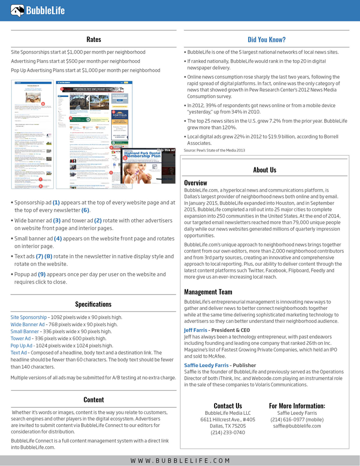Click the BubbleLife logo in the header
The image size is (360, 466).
[x=39, y=10]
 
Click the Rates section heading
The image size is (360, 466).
[x=94, y=40]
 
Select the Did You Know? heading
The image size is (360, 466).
[x=267, y=40]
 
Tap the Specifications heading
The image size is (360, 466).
[x=93, y=304]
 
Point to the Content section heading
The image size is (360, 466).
[x=94, y=399]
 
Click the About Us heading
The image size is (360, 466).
[x=265, y=170]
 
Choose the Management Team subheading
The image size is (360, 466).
[x=208, y=292]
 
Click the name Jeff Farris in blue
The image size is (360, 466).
[x=196, y=330]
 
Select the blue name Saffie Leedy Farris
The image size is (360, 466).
[x=206, y=365]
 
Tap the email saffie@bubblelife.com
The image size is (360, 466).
[x=297, y=426]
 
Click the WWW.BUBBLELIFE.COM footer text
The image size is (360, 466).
[x=180, y=460]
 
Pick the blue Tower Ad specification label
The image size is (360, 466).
[x=21, y=338]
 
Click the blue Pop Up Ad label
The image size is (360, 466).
[x=21, y=346]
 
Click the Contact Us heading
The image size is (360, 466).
[x=228, y=406]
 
